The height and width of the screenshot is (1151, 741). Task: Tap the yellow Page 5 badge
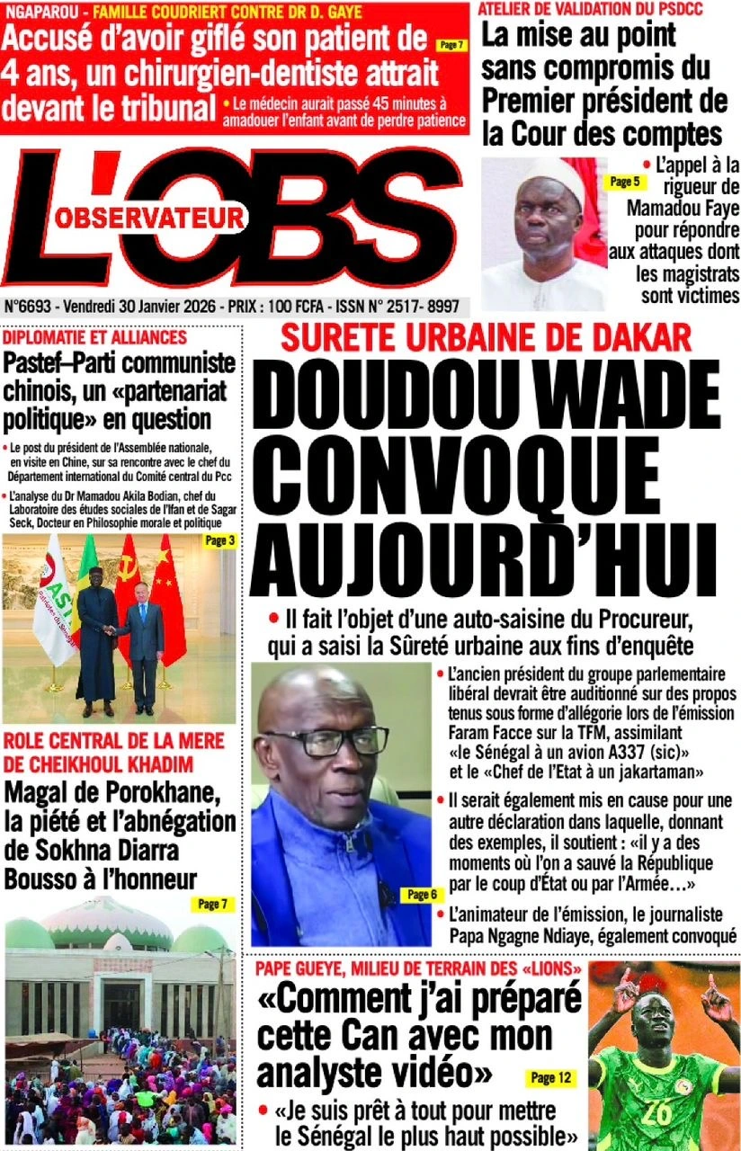pos(624,182)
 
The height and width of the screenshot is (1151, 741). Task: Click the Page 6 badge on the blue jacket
pos(421,895)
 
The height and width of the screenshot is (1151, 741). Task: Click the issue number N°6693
pos(28,306)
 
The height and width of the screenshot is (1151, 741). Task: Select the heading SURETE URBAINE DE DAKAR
pos(487,340)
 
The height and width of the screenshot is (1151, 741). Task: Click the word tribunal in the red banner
pos(161,107)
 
